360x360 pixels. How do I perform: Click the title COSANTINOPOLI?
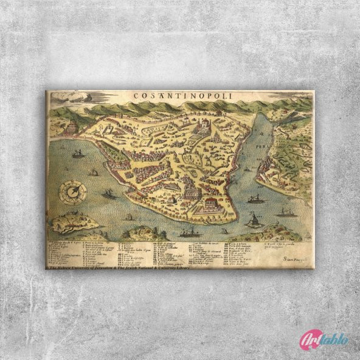[x=179, y=96]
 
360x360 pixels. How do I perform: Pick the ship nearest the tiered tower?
[x=77, y=154]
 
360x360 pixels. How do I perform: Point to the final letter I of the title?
[x=225, y=96]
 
